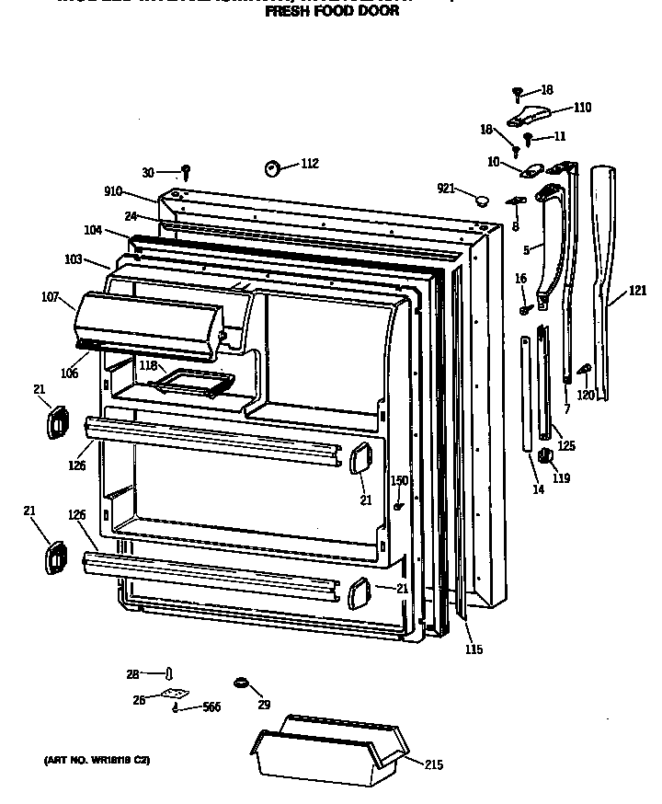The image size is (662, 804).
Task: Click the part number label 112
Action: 309,164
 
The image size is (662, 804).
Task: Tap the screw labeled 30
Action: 186,171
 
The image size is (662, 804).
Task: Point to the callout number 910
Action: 114,192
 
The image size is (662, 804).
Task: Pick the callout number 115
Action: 474,650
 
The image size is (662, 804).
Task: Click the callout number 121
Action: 637,291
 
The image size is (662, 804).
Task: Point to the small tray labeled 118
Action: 194,381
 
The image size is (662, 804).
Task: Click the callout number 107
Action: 51,297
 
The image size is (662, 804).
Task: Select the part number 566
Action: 211,707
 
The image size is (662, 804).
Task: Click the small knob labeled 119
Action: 543,455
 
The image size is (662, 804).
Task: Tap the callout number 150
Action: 399,480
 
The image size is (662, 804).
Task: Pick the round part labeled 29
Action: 243,683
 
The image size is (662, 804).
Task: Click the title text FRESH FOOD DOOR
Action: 332,13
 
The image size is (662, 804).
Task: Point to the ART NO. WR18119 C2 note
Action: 96,761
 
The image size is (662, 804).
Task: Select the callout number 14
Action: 538,489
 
